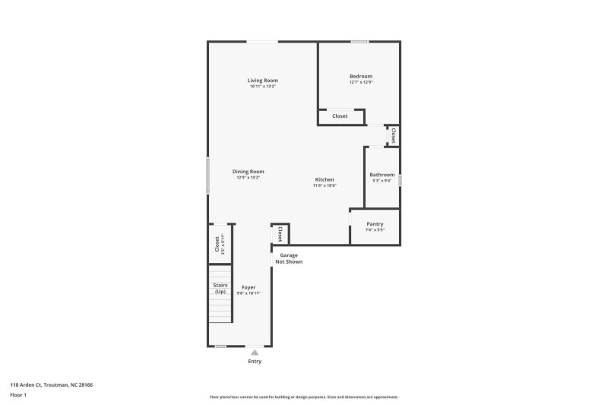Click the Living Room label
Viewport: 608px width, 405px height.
(x=262, y=81)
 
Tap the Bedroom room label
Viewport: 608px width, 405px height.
(x=361, y=76)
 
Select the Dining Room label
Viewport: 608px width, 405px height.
(x=248, y=172)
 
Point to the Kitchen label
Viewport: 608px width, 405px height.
(x=325, y=179)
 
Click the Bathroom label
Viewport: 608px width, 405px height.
(x=382, y=175)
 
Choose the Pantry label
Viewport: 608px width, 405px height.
(x=375, y=224)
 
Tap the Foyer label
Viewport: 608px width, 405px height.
(x=249, y=287)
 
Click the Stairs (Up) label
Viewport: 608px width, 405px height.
(x=220, y=288)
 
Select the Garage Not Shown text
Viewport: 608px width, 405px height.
(x=289, y=258)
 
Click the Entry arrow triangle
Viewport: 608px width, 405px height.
(x=255, y=353)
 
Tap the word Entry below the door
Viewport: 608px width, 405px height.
(x=255, y=361)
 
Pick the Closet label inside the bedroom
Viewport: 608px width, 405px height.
(x=340, y=116)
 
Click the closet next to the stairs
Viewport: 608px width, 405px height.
(x=217, y=244)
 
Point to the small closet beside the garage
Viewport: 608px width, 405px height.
(x=280, y=233)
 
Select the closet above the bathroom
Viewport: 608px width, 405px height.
(x=393, y=136)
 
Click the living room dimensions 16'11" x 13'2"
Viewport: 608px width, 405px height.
(x=262, y=87)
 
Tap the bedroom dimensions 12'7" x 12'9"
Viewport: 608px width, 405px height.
(x=361, y=82)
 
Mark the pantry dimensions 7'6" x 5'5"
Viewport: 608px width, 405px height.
(x=375, y=230)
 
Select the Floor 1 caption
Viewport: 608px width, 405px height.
(x=18, y=396)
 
